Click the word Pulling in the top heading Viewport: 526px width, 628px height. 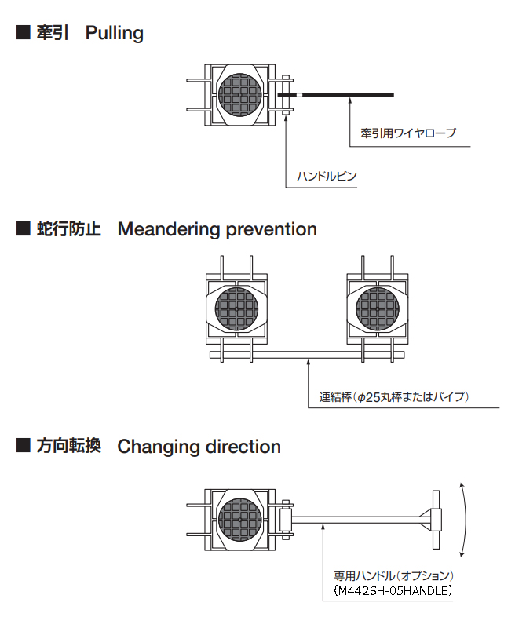click(x=115, y=33)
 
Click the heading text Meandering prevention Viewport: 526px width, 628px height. click(x=217, y=229)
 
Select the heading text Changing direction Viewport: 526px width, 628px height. click(x=199, y=447)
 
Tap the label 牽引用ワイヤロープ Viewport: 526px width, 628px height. click(x=407, y=133)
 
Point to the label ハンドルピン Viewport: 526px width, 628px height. click(x=326, y=176)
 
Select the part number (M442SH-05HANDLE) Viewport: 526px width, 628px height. click(x=393, y=590)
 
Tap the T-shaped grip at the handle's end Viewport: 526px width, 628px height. click(x=436, y=519)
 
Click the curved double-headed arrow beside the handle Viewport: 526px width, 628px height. click(x=466, y=518)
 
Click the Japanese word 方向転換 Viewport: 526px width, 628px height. click(x=69, y=447)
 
